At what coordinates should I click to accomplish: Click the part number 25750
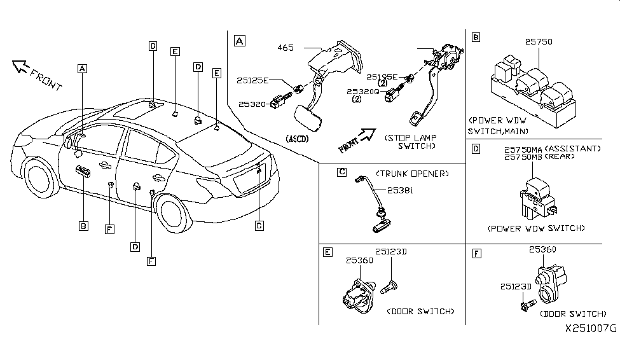tap(539, 41)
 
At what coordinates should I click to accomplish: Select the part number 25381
tap(400, 190)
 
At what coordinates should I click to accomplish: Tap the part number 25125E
tap(252, 80)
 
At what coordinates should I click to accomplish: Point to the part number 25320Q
tap(363, 92)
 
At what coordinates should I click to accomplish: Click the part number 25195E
tap(382, 77)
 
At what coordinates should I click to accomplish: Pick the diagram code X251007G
tap(591, 328)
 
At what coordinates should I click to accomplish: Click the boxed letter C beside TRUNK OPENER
tap(342, 172)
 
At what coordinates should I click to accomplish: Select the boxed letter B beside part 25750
tap(476, 37)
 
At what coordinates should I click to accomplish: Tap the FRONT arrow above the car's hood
tap(20, 66)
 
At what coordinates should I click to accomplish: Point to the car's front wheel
tap(39, 178)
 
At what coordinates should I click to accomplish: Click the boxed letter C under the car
tap(259, 226)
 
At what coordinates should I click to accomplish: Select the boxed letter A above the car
tap(82, 69)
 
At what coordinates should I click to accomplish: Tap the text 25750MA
tap(523, 149)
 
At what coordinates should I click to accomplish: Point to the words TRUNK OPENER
tap(413, 173)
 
